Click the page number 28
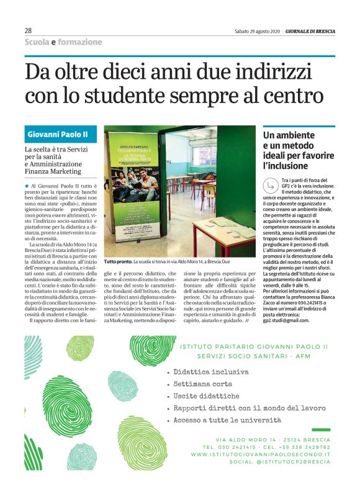click(28, 30)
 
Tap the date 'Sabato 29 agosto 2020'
click(258, 31)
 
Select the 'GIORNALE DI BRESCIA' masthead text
click(310, 31)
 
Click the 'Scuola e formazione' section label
click(63, 42)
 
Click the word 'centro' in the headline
click(290, 96)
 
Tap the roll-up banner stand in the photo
click(133, 198)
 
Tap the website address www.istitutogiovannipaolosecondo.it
click(261, 454)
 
